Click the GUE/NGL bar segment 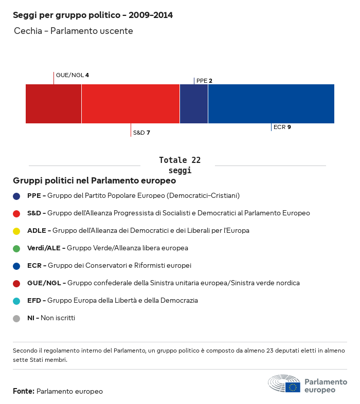pyautogui.click(x=53, y=104)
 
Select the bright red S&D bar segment pyautogui.click(x=131, y=104)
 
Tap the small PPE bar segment pyautogui.click(x=194, y=104)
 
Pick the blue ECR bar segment pyautogui.click(x=271, y=104)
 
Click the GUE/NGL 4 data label pyautogui.click(x=73, y=75)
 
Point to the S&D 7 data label pyautogui.click(x=141, y=133)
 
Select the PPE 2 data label pyautogui.click(x=204, y=81)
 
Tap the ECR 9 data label pyautogui.click(x=282, y=127)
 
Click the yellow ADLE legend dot pyautogui.click(x=16, y=231)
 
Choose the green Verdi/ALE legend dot pyautogui.click(x=16, y=248)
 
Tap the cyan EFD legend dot pyautogui.click(x=16, y=301)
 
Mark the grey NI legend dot pyautogui.click(x=16, y=318)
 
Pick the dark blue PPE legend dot pyautogui.click(x=16, y=196)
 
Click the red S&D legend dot pyautogui.click(x=16, y=213)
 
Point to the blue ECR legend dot pyautogui.click(x=16, y=266)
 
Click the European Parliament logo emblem pyautogui.click(x=284, y=384)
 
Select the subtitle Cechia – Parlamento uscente pyautogui.click(x=74, y=31)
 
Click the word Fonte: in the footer pyautogui.click(x=24, y=392)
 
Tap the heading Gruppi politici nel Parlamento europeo pyautogui.click(x=95, y=181)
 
